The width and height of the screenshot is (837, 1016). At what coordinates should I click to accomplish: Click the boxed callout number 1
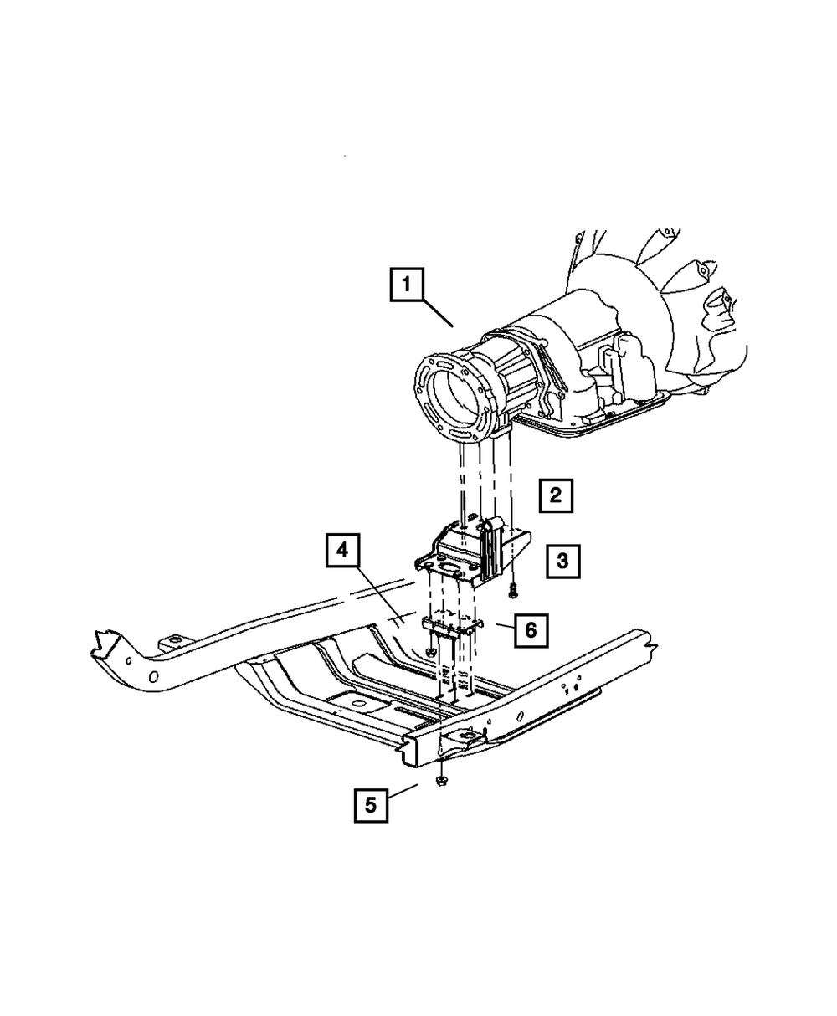pos(406,285)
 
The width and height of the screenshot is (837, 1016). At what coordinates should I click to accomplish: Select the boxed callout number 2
pos(556,495)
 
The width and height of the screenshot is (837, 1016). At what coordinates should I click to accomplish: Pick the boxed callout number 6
pos(531,629)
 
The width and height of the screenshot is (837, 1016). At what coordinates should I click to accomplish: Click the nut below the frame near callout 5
pos(440,781)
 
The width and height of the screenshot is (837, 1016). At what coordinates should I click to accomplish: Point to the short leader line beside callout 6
pos(501,625)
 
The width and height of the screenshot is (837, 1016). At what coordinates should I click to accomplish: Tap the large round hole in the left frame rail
pos(154,677)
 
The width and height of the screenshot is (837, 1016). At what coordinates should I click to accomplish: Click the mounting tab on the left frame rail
pos(172,644)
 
